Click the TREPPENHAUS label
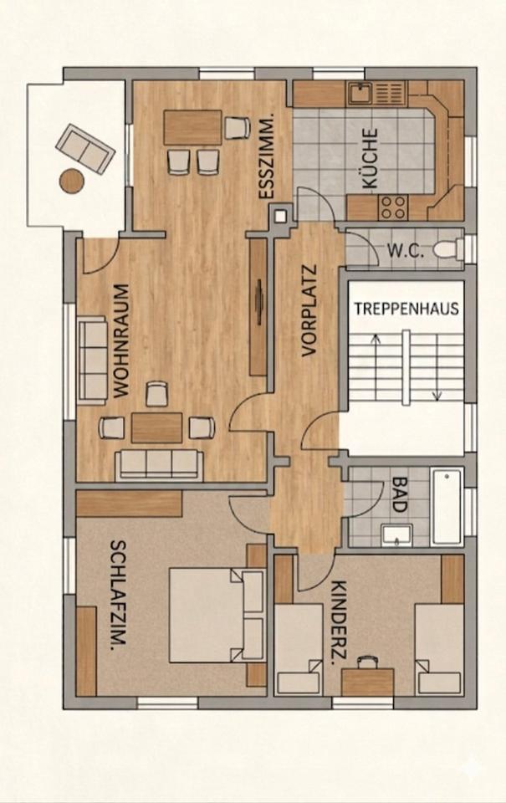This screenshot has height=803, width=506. click(406, 308)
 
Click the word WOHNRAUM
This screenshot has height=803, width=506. click(120, 340)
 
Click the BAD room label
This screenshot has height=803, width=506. click(398, 494)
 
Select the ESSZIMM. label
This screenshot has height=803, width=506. click(268, 158)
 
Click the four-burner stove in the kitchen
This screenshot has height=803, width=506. click(393, 204)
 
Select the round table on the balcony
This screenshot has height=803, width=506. click(72, 180)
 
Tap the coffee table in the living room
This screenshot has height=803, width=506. click(156, 427)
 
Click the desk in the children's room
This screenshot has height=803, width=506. click(367, 679)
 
